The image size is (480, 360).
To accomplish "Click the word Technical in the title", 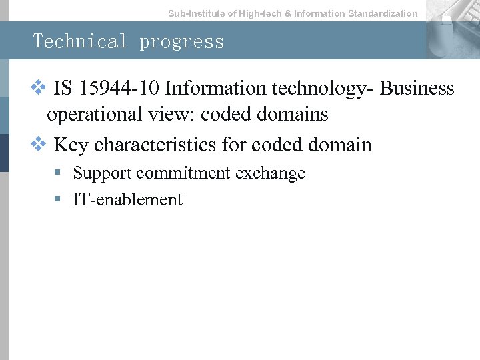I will [81, 41].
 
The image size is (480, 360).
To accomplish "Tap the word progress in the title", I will [181, 42].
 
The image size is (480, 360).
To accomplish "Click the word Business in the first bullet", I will [417, 88].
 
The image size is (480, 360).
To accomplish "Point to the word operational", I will [94, 115].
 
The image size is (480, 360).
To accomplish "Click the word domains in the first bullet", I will [295, 115].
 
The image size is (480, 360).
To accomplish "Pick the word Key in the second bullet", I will [71, 145].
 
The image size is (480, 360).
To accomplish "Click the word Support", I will [103, 173].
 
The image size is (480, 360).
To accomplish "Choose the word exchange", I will [271, 173].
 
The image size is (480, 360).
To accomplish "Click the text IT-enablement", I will [127, 200].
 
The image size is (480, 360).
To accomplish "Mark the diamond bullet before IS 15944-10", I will [39, 88].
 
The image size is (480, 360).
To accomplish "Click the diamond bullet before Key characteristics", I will [39, 144].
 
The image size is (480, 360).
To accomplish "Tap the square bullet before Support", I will [59, 173].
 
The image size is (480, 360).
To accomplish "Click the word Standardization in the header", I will [383, 13].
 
